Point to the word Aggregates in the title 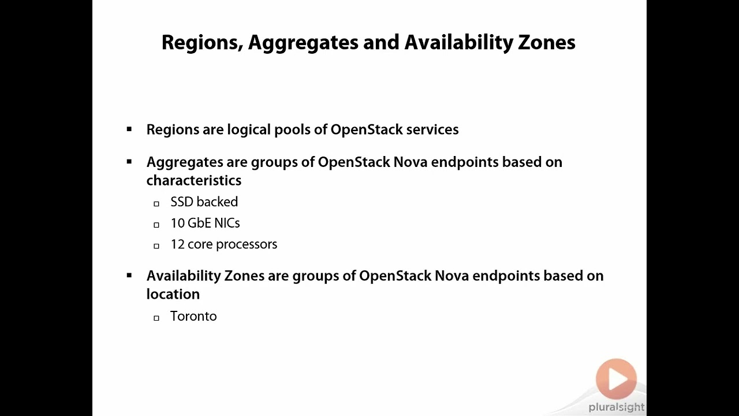pyautogui.click(x=303, y=43)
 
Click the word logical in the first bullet pyautogui.click(x=249, y=129)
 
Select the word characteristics pyautogui.click(x=194, y=180)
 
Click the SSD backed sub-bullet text pyautogui.click(x=204, y=202)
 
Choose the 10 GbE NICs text pyautogui.click(x=205, y=223)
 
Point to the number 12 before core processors pyautogui.click(x=177, y=244)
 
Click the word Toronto pyautogui.click(x=193, y=316)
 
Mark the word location pyautogui.click(x=173, y=294)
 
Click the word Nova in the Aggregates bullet pyautogui.click(x=410, y=162)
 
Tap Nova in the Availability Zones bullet pyautogui.click(x=451, y=276)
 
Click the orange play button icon pyautogui.click(x=616, y=379)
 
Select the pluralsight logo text pyautogui.click(x=616, y=407)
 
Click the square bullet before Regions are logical pyautogui.click(x=129, y=129)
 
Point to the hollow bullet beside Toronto pyautogui.click(x=156, y=318)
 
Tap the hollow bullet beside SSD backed pyautogui.click(x=156, y=203)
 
